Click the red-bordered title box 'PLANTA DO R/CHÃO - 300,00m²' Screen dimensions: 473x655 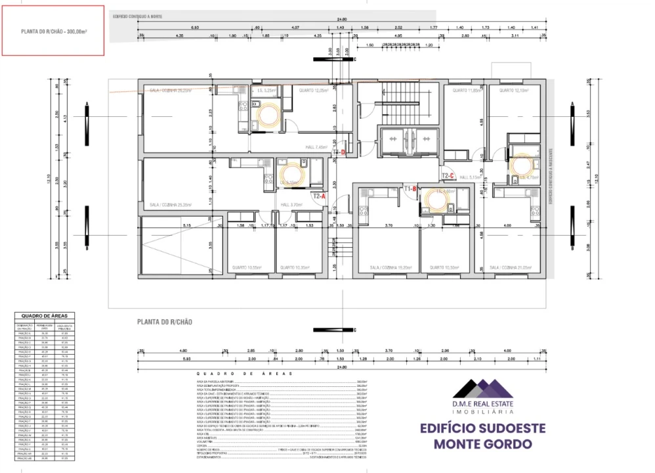coord(53,31)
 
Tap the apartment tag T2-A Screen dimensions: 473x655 coord(319,196)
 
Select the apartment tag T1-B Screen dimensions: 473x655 coord(410,189)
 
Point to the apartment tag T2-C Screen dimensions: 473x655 coord(448,175)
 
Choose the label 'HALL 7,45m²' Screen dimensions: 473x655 coord(316,148)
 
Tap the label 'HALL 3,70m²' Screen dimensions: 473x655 coord(291,205)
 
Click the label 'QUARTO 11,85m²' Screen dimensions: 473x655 coord(463,90)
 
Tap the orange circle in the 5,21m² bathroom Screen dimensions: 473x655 coord(268,115)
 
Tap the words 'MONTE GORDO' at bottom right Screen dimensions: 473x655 coord(482,444)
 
